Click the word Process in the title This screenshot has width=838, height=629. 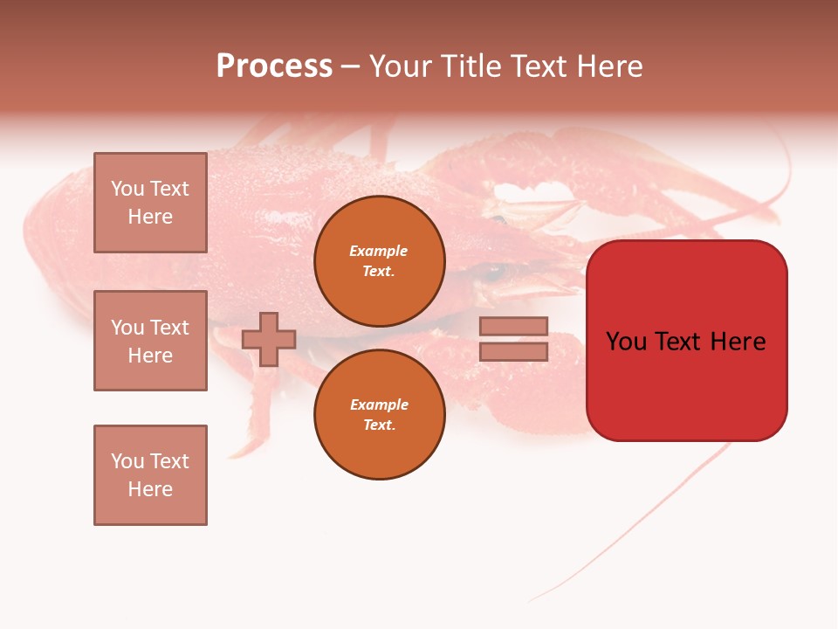click(274, 66)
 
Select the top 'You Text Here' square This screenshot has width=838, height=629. click(150, 203)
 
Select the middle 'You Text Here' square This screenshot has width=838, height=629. click(150, 341)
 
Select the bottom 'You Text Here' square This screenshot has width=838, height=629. click(150, 475)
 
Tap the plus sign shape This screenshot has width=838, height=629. click(269, 339)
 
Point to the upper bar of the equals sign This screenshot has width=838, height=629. click(513, 326)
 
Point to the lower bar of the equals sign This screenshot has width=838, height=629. click(513, 352)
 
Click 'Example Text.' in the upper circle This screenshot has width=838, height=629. click(379, 261)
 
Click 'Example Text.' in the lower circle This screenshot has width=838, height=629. click(379, 415)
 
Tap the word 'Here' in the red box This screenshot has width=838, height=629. click(738, 342)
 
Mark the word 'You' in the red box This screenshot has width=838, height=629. click(626, 342)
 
